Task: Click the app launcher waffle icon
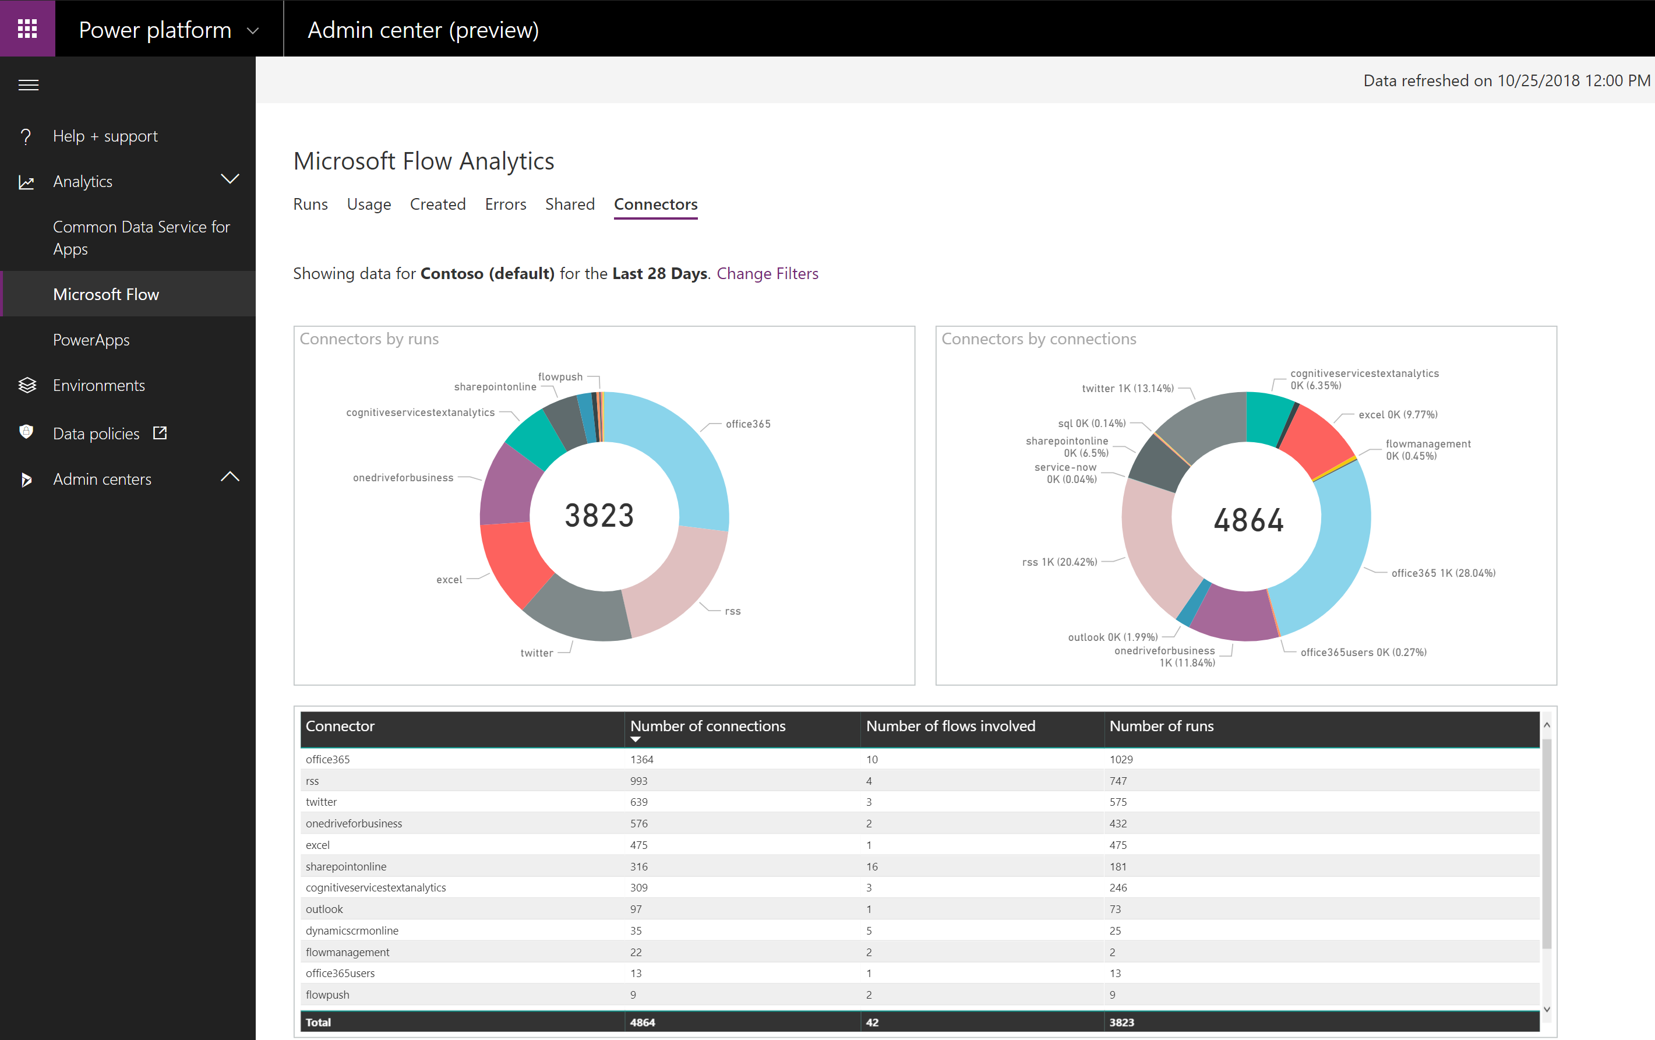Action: pyautogui.click(x=27, y=28)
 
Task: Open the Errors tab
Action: pyautogui.click(x=505, y=204)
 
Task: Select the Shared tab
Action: pyautogui.click(x=569, y=204)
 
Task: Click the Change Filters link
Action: pyautogui.click(x=767, y=274)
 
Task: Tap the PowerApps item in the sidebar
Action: pyautogui.click(x=91, y=340)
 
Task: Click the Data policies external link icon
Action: pyautogui.click(x=160, y=433)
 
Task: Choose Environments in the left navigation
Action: pyautogui.click(x=99, y=386)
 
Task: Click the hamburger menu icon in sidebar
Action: pyautogui.click(x=28, y=85)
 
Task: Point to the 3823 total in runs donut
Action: pyautogui.click(x=599, y=516)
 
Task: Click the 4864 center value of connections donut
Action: pyautogui.click(x=1248, y=520)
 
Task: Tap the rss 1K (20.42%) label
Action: pyautogui.click(x=1059, y=562)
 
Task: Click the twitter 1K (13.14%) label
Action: pyautogui.click(x=1127, y=389)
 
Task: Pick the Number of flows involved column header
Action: pyautogui.click(x=950, y=726)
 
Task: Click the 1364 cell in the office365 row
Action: pyautogui.click(x=641, y=760)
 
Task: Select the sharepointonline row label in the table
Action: pyautogui.click(x=345, y=867)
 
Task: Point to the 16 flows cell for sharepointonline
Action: pyautogui.click(x=871, y=867)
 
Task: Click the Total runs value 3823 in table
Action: pyautogui.click(x=1121, y=1022)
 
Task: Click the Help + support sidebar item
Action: pyautogui.click(x=105, y=136)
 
